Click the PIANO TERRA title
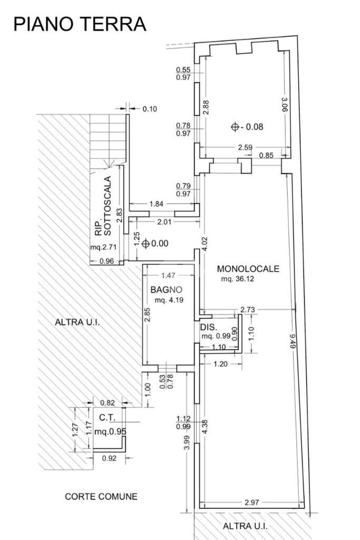point(80,24)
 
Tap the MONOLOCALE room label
point(248,268)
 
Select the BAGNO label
point(166,290)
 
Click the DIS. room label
point(209,327)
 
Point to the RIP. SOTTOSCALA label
point(103,206)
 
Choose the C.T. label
point(108,418)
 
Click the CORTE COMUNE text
point(101,496)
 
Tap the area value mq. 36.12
point(238,279)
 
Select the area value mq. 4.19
point(169,300)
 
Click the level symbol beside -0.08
point(235,127)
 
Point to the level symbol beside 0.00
point(145,244)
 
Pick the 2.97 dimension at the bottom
point(251,503)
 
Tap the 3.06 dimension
point(284,104)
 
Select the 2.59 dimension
point(245,148)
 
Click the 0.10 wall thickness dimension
point(150,109)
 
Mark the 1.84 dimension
point(156,204)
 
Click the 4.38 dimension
point(206,426)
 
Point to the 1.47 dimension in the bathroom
point(168,275)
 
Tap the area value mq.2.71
point(104,247)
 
